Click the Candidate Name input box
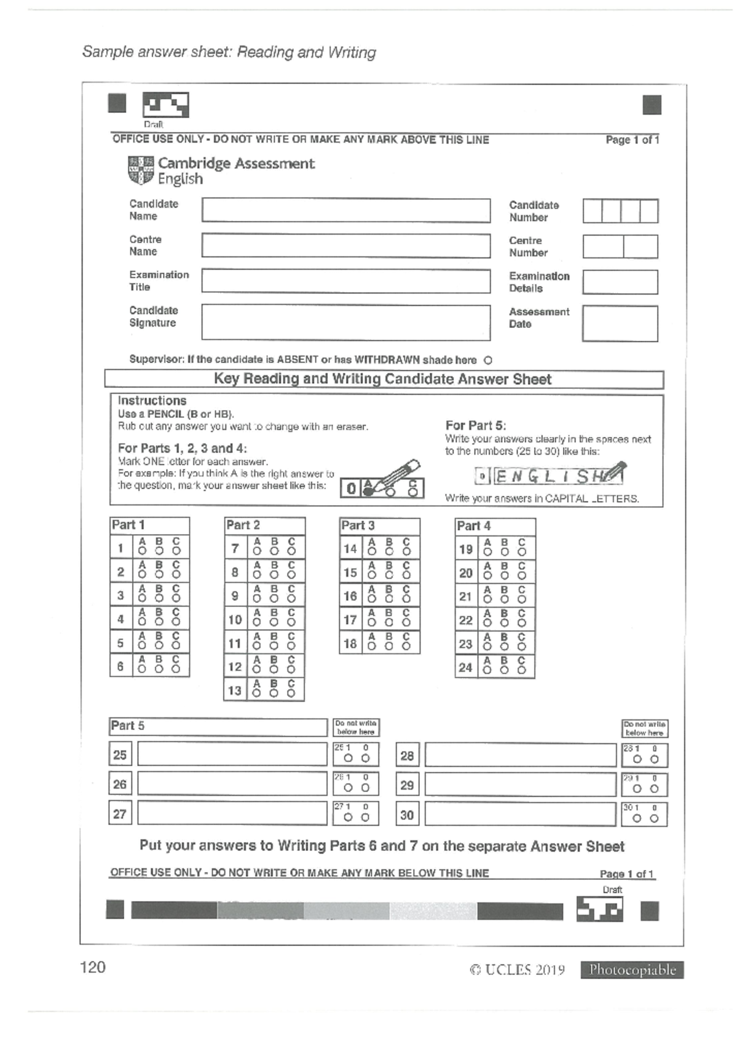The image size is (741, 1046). pyautogui.click(x=346, y=211)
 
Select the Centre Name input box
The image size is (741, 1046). pyautogui.click(x=346, y=246)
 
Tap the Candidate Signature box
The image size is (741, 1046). pyautogui.click(x=346, y=322)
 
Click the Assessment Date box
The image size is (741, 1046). pyautogui.click(x=620, y=324)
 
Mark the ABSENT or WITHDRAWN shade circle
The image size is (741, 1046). pyautogui.click(x=488, y=360)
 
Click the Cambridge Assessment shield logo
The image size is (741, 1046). pyautogui.click(x=141, y=170)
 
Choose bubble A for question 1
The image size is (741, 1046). pyautogui.click(x=142, y=551)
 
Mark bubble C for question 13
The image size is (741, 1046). pyautogui.click(x=291, y=693)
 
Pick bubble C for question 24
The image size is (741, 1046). pyautogui.click(x=522, y=671)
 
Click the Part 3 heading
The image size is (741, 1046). pyautogui.click(x=358, y=525)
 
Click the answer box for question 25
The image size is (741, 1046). pyautogui.click(x=232, y=754)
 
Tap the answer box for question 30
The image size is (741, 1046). pyautogui.click(x=520, y=814)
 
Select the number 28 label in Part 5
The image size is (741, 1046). pyautogui.click(x=407, y=755)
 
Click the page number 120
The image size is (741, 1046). pyautogui.click(x=93, y=967)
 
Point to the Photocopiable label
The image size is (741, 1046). pyautogui.click(x=632, y=970)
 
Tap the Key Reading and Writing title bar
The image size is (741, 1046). pyautogui.click(x=383, y=379)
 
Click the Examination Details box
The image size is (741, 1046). pyautogui.click(x=620, y=282)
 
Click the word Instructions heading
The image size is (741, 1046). pyautogui.click(x=152, y=401)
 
